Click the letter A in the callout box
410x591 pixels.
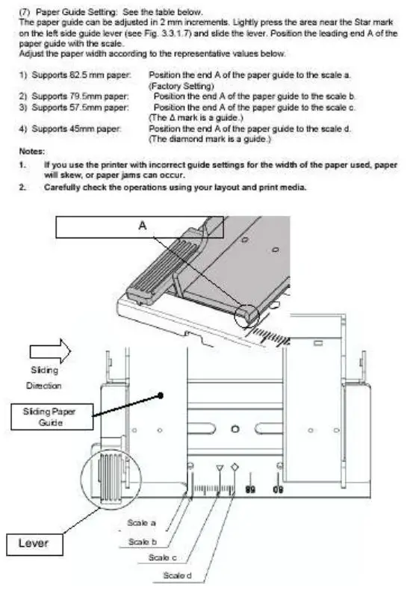(142, 224)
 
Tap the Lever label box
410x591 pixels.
(33, 543)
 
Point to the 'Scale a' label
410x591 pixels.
(142, 523)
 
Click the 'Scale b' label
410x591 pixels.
(142, 540)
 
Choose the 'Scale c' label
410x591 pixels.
(162, 557)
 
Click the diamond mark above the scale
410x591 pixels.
(234, 468)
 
